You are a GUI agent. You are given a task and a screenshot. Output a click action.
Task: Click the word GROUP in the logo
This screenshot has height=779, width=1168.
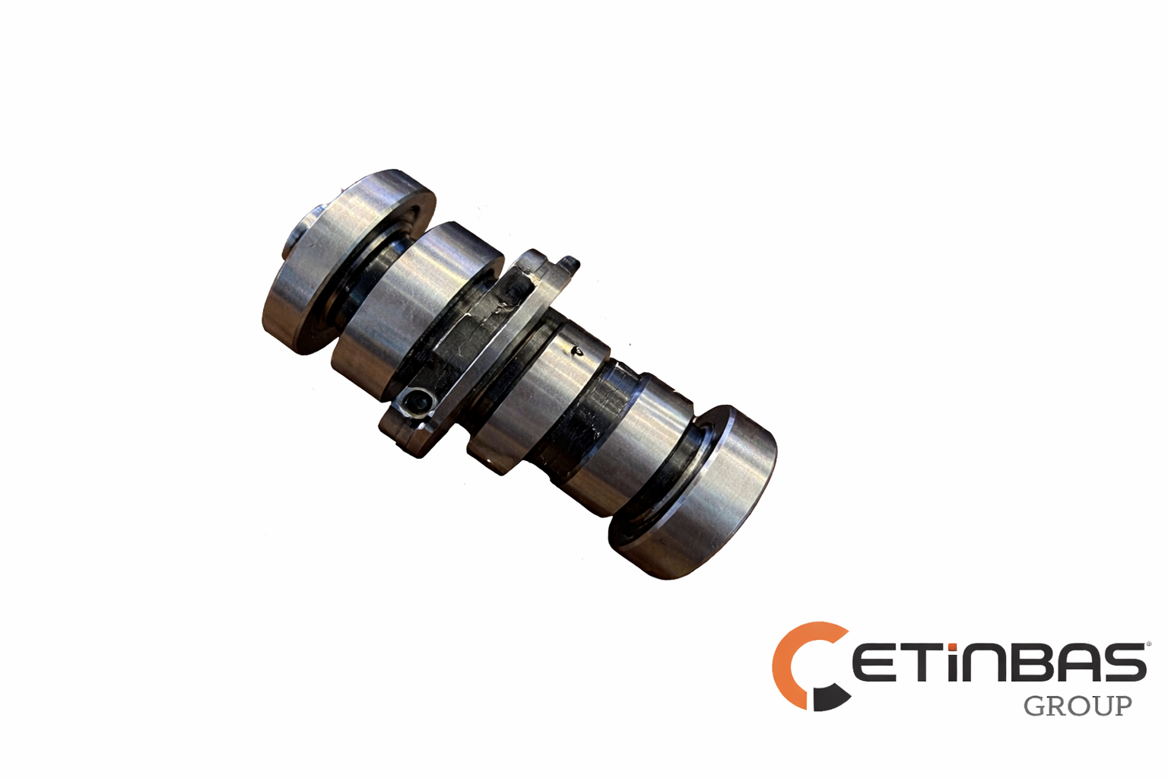pyautogui.click(x=1078, y=706)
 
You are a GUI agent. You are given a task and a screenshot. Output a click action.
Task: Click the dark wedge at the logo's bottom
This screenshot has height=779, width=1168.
pyautogui.click(x=831, y=698)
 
